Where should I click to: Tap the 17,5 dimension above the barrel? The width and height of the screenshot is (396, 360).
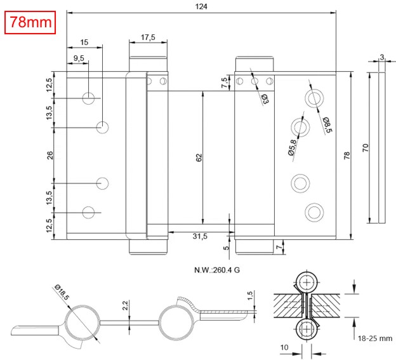[148, 37]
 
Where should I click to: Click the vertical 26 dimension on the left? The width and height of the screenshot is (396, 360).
[50, 155]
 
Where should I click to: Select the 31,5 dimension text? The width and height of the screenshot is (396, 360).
[200, 236]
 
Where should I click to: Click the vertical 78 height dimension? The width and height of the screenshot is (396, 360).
[346, 156]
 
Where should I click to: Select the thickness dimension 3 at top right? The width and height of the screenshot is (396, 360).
[381, 57]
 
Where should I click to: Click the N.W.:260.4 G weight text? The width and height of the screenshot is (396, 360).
[216, 270]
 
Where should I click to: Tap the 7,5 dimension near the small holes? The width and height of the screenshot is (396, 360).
[224, 83]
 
